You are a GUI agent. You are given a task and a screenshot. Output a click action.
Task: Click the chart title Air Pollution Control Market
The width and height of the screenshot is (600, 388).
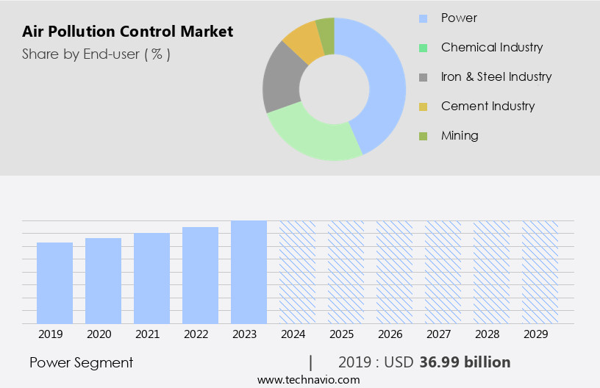click(x=128, y=32)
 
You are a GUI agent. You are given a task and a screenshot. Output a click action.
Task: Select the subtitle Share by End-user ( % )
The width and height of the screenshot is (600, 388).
click(x=96, y=54)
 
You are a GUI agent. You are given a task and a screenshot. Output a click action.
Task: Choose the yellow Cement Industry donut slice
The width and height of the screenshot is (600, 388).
click(x=304, y=42)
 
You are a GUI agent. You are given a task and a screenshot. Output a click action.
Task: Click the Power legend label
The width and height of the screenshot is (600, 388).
click(x=459, y=18)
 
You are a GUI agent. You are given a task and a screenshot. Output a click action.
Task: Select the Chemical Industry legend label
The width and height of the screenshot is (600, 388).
click(x=491, y=47)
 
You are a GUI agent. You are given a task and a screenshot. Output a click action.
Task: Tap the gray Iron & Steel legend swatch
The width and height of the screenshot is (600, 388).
click(x=423, y=77)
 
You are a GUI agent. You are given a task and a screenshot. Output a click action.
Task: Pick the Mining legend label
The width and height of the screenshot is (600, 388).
click(x=460, y=135)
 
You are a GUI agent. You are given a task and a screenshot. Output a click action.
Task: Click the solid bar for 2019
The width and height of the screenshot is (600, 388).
click(x=55, y=283)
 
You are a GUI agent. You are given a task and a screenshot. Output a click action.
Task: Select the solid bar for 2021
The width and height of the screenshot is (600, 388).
click(x=152, y=279)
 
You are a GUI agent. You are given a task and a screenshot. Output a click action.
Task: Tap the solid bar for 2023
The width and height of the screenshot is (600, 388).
click(x=249, y=272)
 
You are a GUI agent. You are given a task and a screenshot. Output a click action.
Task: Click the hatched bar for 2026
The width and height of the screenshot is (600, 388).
click(x=395, y=272)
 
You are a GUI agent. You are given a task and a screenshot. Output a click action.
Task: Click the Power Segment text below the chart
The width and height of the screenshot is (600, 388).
click(x=82, y=362)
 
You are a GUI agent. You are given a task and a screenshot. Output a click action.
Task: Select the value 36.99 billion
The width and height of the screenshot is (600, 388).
click(x=465, y=362)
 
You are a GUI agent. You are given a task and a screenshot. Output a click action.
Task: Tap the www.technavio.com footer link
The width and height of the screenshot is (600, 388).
click(x=309, y=379)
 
